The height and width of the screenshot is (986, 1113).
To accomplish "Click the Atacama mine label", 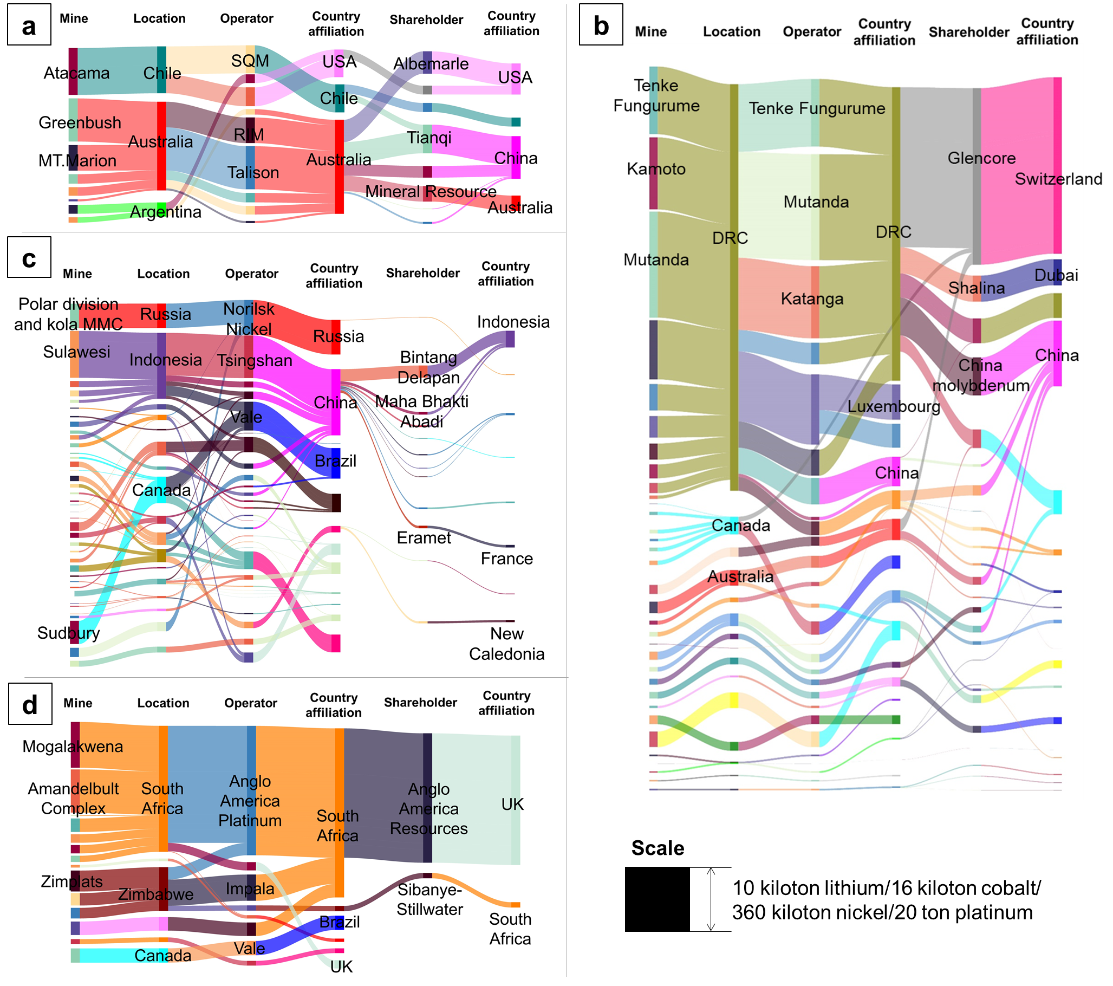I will (x=77, y=73).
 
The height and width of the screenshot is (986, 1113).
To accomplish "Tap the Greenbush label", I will (x=80, y=122).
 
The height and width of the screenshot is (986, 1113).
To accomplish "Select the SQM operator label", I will (x=250, y=61).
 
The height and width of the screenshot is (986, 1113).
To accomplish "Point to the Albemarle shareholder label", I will (x=431, y=64).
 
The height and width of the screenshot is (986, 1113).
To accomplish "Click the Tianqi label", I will (x=429, y=137).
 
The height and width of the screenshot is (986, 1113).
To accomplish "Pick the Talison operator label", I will (x=253, y=173).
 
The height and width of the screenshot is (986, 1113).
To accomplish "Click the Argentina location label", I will (x=166, y=212).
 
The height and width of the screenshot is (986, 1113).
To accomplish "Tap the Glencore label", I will (x=981, y=159).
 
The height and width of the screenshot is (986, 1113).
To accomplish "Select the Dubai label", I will (x=1056, y=275).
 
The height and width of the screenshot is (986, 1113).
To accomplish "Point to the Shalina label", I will (x=977, y=288).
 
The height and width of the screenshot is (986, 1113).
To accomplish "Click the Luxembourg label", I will (x=894, y=406).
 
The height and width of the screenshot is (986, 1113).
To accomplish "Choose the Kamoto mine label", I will (x=656, y=169).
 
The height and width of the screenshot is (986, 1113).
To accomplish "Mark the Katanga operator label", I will (x=812, y=299).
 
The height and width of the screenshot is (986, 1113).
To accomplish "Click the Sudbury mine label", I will (x=69, y=633).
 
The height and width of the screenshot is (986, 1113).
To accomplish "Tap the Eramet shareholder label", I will (x=424, y=538).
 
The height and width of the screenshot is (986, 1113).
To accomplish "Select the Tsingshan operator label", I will (x=255, y=361).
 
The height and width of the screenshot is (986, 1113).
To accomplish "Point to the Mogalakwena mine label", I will (x=73, y=747).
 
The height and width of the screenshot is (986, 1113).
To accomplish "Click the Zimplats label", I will (x=72, y=881).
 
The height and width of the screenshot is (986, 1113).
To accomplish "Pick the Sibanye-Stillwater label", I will (x=429, y=899).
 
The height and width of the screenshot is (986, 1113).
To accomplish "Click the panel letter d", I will (x=30, y=705).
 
